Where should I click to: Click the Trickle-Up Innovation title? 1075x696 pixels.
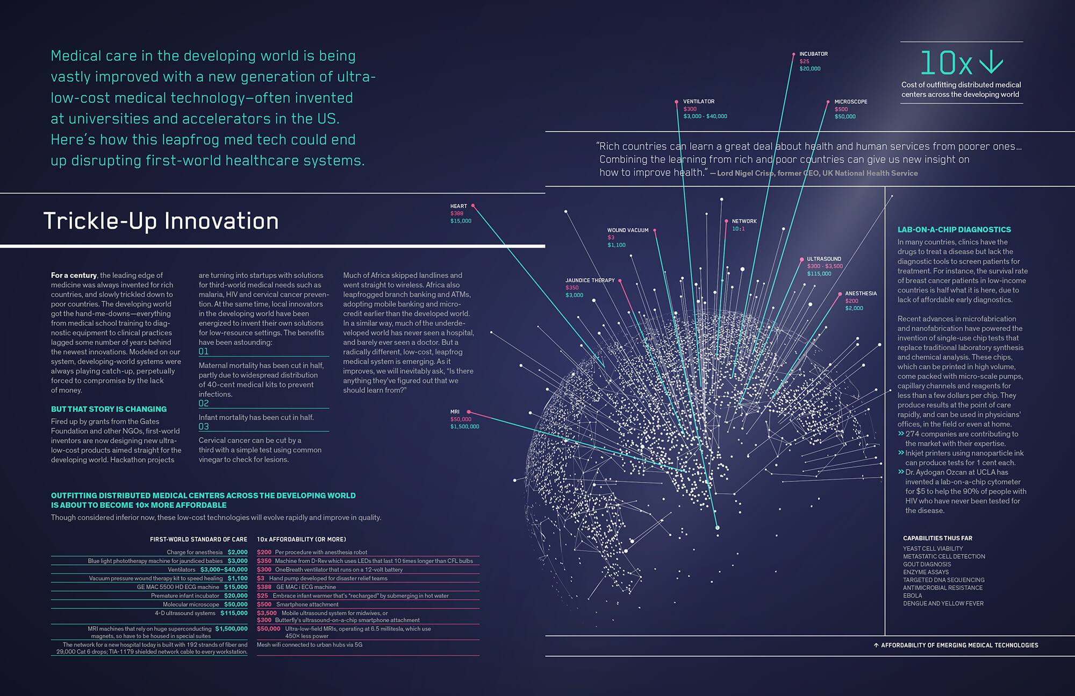[x=161, y=221]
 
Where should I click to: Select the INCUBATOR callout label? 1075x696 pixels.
[x=813, y=54]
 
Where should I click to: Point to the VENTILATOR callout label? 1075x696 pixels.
[x=699, y=101]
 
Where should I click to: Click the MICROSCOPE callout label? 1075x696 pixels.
[x=851, y=102]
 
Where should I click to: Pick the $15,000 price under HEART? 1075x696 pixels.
[x=461, y=221]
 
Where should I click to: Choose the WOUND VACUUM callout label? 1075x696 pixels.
[x=628, y=230]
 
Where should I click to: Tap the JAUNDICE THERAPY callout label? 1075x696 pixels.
[x=590, y=280]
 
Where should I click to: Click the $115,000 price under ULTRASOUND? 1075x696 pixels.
[x=819, y=274]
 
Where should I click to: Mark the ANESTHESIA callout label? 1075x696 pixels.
[x=861, y=294]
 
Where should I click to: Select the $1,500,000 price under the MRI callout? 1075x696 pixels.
[x=464, y=427]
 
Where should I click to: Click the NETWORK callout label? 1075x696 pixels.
[x=744, y=221]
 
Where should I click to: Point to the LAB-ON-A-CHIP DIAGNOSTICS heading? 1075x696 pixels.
[x=954, y=230]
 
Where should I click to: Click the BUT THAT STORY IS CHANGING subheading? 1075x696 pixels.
[x=109, y=409]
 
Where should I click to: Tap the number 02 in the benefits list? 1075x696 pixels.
[x=204, y=403]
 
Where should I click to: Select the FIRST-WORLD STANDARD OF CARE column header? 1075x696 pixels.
[x=198, y=539]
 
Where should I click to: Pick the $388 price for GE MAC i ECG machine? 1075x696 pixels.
[x=264, y=587]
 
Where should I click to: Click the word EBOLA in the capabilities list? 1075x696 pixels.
[x=912, y=595]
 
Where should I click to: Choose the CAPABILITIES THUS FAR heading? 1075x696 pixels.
[x=937, y=538]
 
